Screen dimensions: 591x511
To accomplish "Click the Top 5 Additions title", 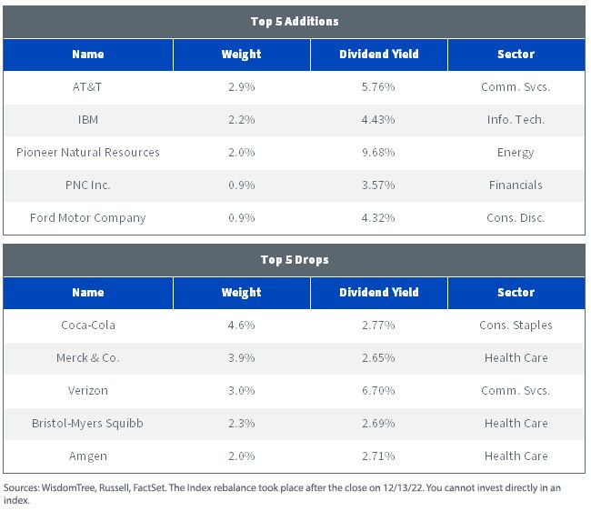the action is [295, 22].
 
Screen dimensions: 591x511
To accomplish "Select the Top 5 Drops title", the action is [295, 260].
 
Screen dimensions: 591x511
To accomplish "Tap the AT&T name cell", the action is [87, 87].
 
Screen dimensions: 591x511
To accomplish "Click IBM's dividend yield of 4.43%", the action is [378, 120].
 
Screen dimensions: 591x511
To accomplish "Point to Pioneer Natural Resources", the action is [88, 152].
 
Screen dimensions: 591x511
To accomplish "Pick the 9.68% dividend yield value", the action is [378, 152].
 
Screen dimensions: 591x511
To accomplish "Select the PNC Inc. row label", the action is [88, 185].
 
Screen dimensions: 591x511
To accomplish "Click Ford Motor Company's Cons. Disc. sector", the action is [516, 218].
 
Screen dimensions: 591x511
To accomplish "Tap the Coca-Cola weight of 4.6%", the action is [241, 326].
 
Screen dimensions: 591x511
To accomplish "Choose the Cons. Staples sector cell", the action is [516, 326].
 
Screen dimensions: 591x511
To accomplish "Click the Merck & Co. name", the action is [88, 357].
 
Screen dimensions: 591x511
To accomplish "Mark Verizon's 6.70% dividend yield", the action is [378, 390].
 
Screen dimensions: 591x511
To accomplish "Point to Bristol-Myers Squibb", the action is [87, 423].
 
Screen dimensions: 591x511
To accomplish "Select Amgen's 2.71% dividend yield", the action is [378, 456].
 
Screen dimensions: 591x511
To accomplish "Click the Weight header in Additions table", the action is [241, 55].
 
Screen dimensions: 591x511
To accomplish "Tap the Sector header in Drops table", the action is [516, 293].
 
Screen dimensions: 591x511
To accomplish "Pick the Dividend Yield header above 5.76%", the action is [379, 55].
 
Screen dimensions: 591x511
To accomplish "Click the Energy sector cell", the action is [516, 153].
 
